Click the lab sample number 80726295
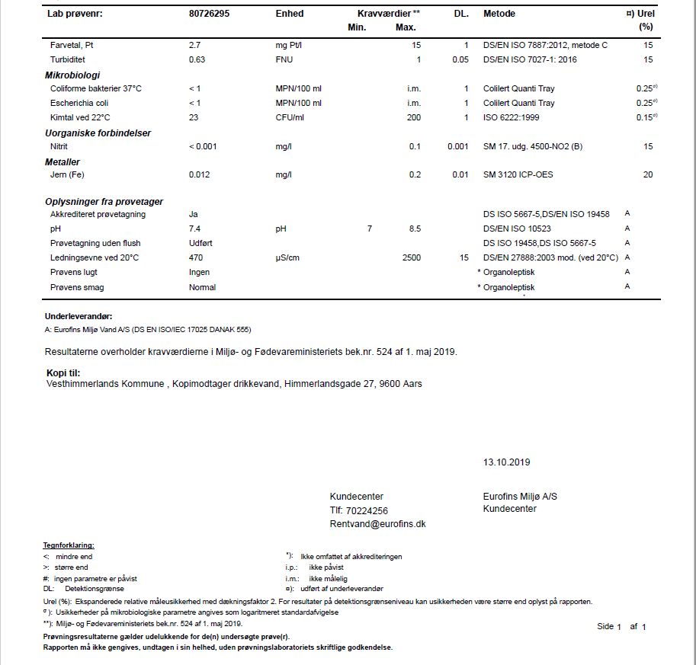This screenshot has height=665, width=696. tap(210, 14)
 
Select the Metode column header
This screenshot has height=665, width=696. tap(499, 14)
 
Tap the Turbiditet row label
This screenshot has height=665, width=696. tap(68, 60)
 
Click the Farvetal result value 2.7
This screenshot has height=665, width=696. tap(194, 46)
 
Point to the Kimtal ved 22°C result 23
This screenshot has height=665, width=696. tap(194, 117)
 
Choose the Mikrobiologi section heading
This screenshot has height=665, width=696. tap(72, 75)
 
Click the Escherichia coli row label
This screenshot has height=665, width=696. tap(79, 103)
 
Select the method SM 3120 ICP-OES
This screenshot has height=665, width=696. tap(518, 175)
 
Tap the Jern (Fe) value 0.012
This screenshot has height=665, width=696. tap(200, 175)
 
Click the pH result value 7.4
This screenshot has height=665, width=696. tap(194, 229)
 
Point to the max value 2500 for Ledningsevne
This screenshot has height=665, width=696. tap(411, 258)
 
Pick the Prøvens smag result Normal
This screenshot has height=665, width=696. tap(202, 287)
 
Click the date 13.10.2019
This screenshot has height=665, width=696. tap(506, 462)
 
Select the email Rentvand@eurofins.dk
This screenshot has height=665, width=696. tap(377, 524)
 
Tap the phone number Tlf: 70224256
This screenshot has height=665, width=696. tap(358, 511)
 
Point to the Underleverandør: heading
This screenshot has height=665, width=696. tap(79, 316)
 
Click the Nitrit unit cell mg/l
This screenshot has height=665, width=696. tap(284, 146)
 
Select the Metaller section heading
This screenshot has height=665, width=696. tap(63, 161)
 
